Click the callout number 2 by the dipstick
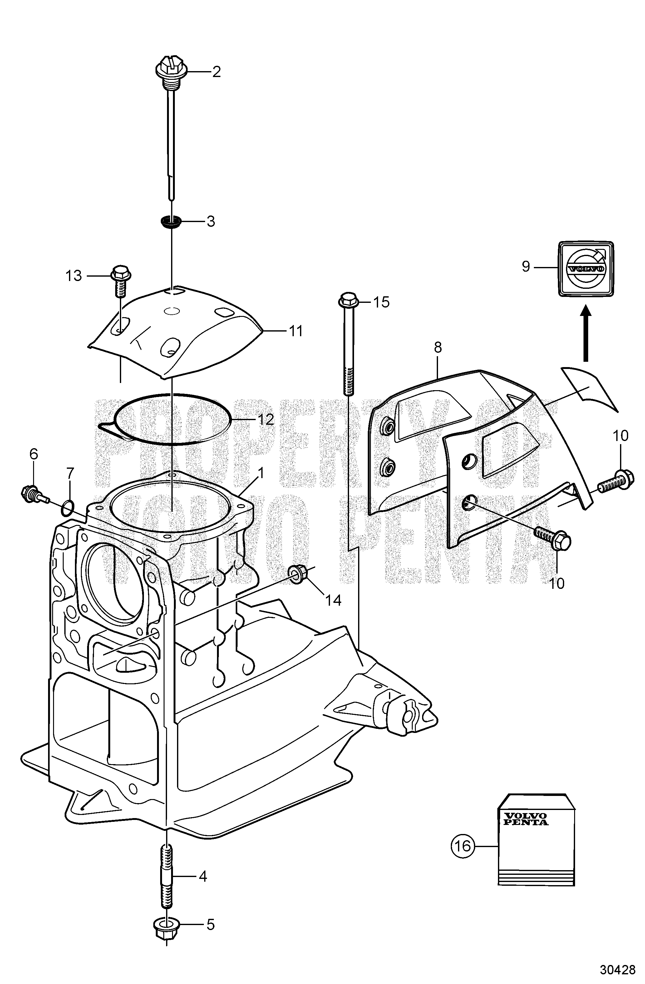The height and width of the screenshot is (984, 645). click(x=216, y=72)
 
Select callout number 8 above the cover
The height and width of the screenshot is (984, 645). click(x=438, y=348)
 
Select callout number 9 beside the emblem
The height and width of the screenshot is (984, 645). click(x=525, y=267)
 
